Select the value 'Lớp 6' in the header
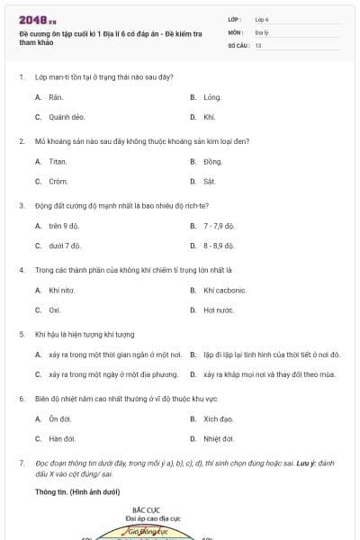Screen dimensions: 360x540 [262, 19]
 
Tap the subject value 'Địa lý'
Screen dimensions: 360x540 [262, 31]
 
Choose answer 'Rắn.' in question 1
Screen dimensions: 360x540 [57, 96]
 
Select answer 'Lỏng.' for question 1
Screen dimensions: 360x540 [212, 96]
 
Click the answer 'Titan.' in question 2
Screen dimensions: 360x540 [58, 161]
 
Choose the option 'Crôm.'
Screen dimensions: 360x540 [58, 182]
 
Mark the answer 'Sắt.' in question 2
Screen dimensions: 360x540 [210, 182]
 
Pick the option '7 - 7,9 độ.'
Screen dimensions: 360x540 [220, 225]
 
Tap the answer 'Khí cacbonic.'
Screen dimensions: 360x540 [225, 290]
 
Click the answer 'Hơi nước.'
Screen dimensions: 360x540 [219, 310]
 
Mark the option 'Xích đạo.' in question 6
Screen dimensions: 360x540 [219, 418]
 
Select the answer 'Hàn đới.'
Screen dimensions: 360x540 [62, 439]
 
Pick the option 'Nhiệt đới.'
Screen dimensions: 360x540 [219, 439]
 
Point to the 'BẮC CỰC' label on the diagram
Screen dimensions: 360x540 [146, 510]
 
